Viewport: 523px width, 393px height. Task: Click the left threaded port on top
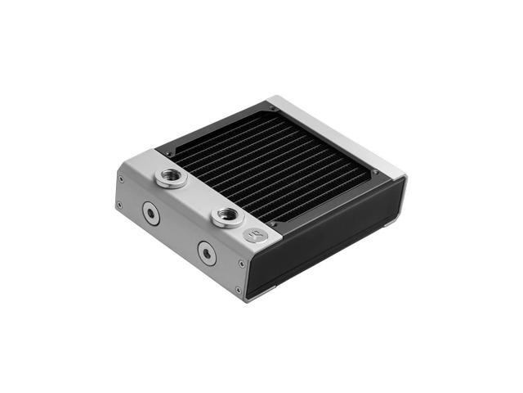[170, 178]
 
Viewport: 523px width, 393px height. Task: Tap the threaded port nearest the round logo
[227, 217]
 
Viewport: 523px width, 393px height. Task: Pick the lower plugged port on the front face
[207, 253]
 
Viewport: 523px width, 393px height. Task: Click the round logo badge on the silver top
[253, 235]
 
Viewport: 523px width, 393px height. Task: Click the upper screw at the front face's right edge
[241, 264]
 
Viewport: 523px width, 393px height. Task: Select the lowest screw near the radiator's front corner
[237, 290]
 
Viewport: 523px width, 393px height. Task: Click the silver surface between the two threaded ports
[198, 197]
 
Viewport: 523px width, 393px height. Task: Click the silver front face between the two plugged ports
[178, 234]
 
